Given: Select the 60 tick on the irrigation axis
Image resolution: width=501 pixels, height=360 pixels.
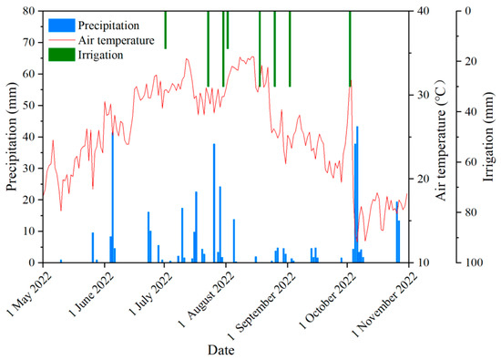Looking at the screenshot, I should (475, 162).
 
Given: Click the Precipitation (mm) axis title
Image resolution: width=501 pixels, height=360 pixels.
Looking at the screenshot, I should (11, 137).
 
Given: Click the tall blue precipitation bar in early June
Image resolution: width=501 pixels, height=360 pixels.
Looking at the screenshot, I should (112, 196).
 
